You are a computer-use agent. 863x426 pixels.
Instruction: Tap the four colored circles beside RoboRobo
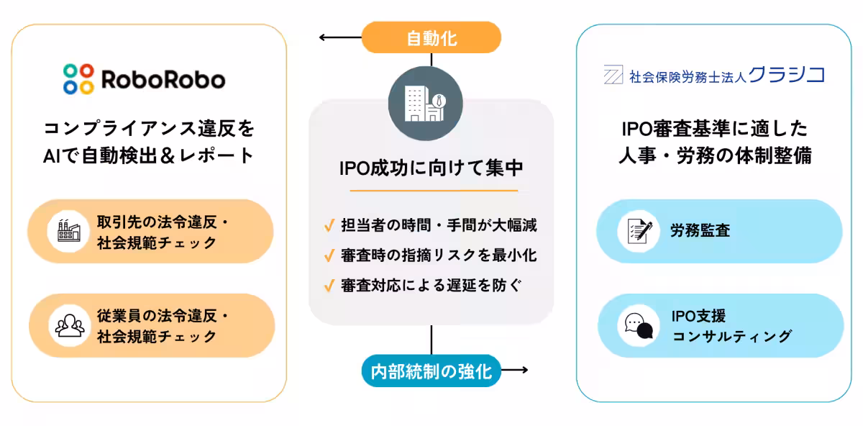(78, 79)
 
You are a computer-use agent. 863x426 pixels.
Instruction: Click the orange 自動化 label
(431, 37)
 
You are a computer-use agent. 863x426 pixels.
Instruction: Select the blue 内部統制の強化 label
(431, 371)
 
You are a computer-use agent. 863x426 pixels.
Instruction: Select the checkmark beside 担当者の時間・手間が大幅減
(329, 226)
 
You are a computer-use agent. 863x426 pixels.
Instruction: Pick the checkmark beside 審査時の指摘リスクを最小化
(329, 255)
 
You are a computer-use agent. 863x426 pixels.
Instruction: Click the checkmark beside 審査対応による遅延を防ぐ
(329, 286)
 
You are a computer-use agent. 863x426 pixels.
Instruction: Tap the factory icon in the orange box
(70, 231)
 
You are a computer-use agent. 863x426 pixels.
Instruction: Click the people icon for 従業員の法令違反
(70, 325)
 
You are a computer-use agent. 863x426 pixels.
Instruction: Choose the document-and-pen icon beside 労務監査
(639, 231)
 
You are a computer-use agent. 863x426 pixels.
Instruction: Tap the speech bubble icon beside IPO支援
(639, 325)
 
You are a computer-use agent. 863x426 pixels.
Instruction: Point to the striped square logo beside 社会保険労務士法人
(613, 75)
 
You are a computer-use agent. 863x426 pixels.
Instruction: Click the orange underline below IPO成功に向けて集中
(434, 191)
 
